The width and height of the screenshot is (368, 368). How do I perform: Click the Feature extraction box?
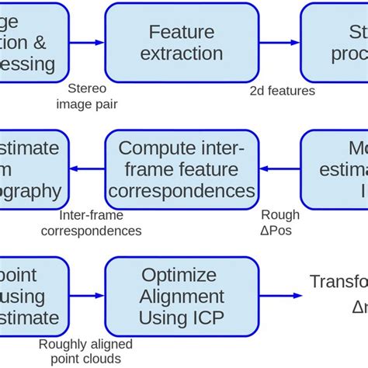[x=181, y=42]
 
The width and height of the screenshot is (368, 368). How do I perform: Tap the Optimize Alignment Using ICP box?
[x=181, y=296]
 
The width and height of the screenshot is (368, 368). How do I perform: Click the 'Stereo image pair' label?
[x=94, y=97]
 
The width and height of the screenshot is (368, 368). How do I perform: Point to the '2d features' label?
[x=283, y=91]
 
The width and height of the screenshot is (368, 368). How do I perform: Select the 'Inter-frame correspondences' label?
[x=91, y=224]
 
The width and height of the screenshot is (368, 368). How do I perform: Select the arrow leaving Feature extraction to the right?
[x=279, y=42]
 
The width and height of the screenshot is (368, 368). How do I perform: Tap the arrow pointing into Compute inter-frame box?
[x=279, y=168]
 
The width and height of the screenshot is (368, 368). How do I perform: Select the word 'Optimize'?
[x=181, y=275]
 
